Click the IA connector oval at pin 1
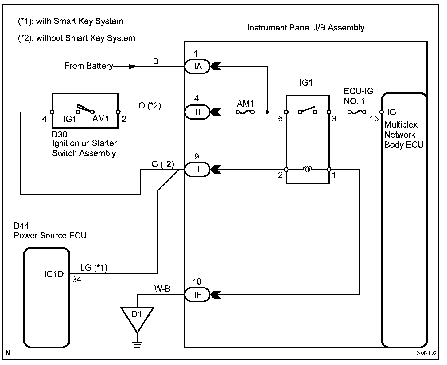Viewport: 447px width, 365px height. click(197, 66)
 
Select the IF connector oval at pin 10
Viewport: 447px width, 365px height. click(197, 295)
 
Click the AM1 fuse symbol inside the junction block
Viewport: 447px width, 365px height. click(245, 112)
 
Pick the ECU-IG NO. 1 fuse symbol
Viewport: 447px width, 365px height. click(357, 112)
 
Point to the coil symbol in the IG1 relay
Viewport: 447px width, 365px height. click(307, 169)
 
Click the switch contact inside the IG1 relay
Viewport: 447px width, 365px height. click(307, 110)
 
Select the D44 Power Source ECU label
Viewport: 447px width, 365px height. click(50, 231)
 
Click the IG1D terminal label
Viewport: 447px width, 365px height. click(54, 274)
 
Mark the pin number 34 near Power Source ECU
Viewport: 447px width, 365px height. click(77, 280)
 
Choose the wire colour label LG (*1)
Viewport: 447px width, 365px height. click(94, 268)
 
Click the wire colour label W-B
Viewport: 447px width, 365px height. click(162, 288)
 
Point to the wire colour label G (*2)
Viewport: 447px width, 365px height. click(163, 164)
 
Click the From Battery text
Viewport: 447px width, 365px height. click(89, 66)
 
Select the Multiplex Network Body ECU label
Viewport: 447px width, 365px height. click(403, 135)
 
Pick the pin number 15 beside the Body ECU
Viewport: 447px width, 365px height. click(374, 118)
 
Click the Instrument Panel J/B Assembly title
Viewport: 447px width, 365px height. click(306, 28)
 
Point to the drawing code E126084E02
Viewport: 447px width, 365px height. click(424, 353)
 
